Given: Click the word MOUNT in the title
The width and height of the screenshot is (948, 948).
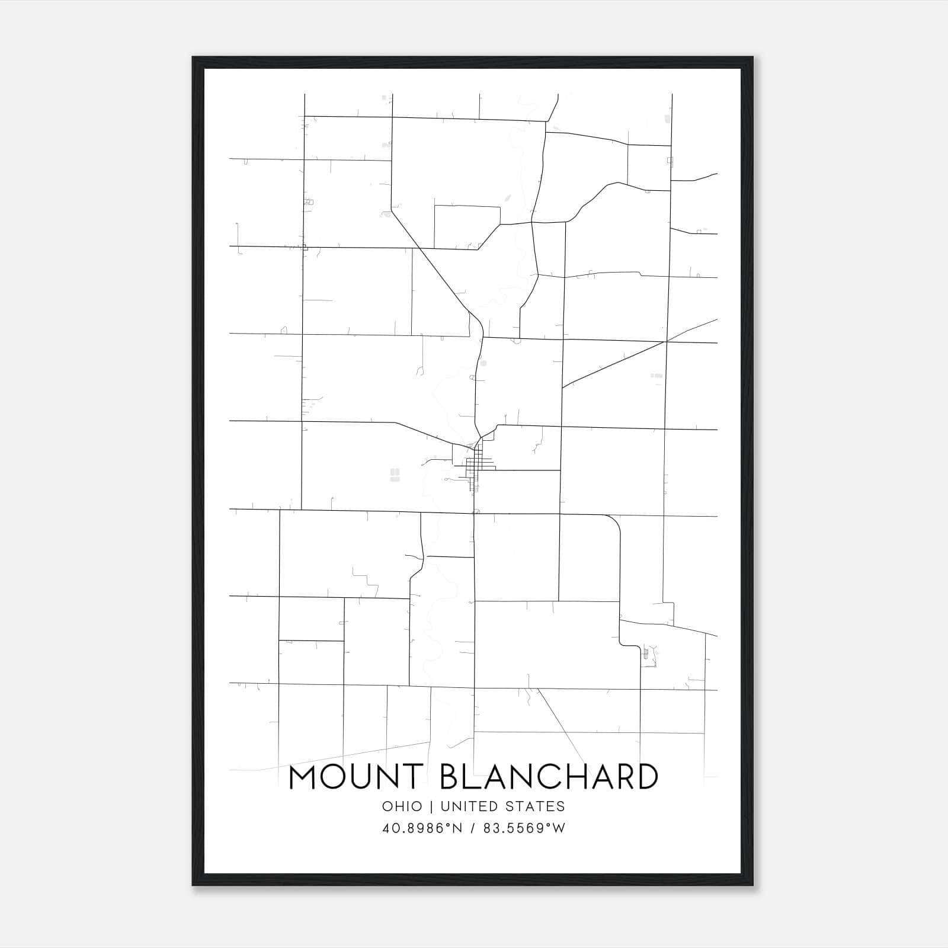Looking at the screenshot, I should [x=355, y=777].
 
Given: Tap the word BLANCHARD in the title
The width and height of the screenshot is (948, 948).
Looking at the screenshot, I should [x=549, y=777].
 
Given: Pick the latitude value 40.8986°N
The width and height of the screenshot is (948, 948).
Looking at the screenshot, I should [x=422, y=828].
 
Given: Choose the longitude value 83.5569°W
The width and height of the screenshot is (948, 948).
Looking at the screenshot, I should [x=524, y=828].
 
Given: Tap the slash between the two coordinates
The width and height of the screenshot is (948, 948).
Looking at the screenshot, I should [x=472, y=828].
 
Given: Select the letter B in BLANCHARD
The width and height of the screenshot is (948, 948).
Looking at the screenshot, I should [x=451, y=777].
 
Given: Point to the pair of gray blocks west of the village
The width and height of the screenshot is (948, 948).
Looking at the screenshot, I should [x=395, y=475].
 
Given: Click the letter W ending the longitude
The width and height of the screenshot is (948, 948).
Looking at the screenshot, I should [x=559, y=828].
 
